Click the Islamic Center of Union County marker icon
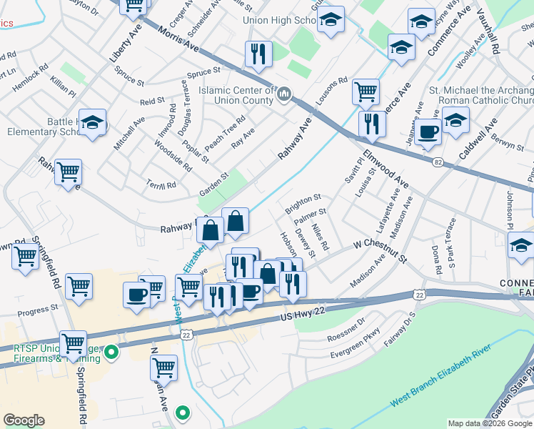(x=284, y=94)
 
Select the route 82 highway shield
(x=438, y=163)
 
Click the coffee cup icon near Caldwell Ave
(x=428, y=132)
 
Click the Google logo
(x=24, y=420)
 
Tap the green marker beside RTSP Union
(x=111, y=352)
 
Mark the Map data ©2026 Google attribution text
(x=490, y=423)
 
